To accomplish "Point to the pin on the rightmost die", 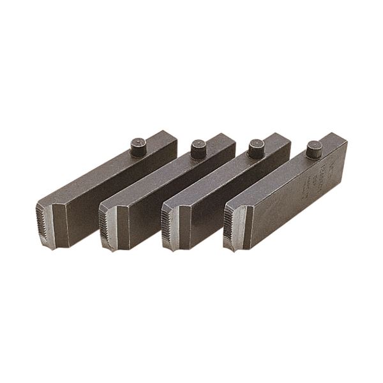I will point(314,150).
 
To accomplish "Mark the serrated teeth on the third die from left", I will point(167,223).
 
